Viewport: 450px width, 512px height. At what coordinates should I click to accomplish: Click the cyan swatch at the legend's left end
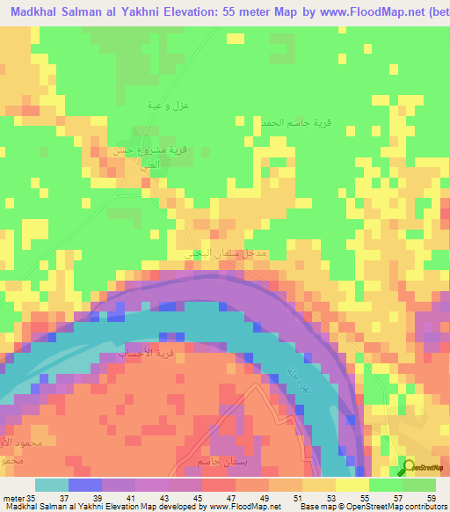pyautogui.click(x=51, y=485)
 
